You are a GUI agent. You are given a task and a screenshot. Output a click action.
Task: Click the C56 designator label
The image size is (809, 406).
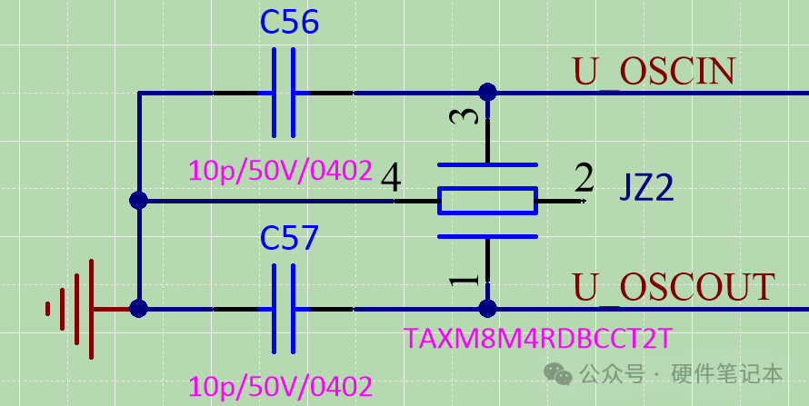[289, 22]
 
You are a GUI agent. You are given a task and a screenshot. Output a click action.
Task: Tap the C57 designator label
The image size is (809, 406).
[289, 238]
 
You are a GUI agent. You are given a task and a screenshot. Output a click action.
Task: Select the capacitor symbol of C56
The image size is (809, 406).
[284, 93]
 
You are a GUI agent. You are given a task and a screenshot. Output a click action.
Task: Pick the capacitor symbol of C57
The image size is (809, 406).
[284, 309]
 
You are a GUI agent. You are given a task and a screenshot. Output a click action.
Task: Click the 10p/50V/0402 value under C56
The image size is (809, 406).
[280, 171]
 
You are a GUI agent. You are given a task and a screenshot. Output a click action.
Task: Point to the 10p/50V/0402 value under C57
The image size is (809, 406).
[280, 386]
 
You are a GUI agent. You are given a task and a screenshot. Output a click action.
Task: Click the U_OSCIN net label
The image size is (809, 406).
[654, 72]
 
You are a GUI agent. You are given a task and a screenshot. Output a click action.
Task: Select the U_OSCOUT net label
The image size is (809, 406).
[674, 288]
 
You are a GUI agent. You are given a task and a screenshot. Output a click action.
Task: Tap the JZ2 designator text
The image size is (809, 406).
[646, 189]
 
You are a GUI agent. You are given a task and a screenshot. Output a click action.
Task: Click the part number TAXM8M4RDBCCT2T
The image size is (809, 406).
[538, 338]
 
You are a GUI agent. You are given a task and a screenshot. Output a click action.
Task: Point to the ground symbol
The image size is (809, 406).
[71, 309]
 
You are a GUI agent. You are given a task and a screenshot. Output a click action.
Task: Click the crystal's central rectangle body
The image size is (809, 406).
[487, 201]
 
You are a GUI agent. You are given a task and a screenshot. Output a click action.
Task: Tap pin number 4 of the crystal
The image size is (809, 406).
[391, 179]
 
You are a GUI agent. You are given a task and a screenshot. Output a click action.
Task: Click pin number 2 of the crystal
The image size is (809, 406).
[584, 179]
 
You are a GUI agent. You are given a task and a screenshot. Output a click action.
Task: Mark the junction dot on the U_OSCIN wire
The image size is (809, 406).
[487, 93]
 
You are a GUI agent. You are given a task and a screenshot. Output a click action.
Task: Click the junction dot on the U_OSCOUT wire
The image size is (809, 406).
[487, 309]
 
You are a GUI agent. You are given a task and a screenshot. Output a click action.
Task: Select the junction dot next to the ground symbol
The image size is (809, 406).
[138, 309]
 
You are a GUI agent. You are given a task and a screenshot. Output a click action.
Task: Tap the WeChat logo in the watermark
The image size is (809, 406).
[558, 373]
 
